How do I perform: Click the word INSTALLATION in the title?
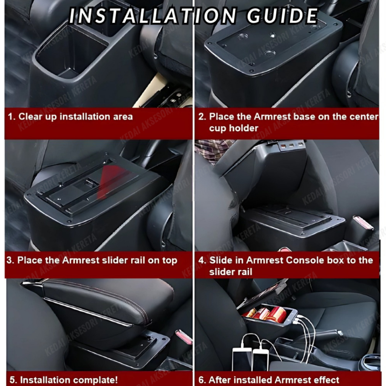coord(153,16)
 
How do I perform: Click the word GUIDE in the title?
coord(282,16)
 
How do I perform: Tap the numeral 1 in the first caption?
coord(11,117)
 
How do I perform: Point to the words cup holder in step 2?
coord(234,128)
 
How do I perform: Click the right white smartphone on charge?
coord(260,360)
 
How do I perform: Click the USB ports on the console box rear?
coord(291,146)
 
